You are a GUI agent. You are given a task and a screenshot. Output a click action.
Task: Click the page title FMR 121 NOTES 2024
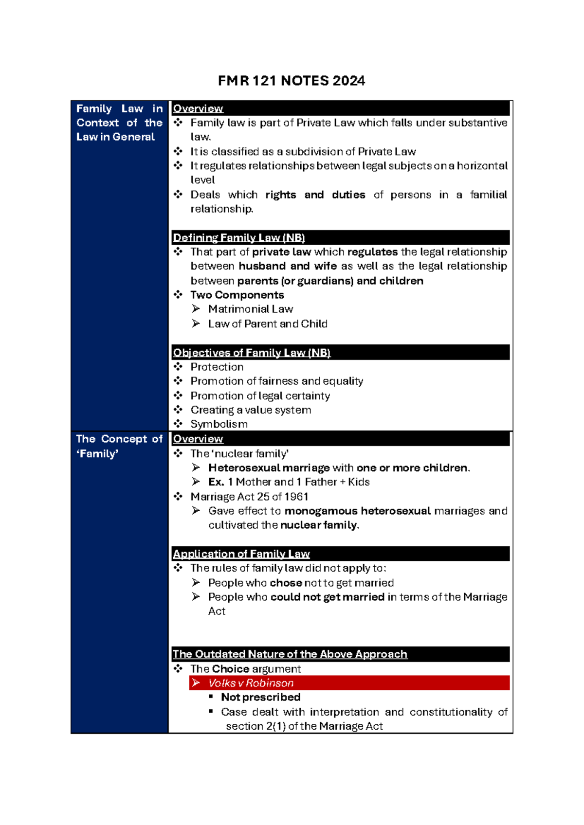pyautogui.click(x=291, y=80)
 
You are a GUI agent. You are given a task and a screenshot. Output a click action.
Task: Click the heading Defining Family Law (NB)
pyautogui.click(x=238, y=238)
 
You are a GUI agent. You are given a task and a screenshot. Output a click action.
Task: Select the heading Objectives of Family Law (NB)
pyautogui.click(x=251, y=353)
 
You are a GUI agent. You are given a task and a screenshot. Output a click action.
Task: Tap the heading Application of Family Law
pyautogui.click(x=241, y=554)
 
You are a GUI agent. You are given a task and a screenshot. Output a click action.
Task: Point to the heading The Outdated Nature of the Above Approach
pyautogui.click(x=290, y=654)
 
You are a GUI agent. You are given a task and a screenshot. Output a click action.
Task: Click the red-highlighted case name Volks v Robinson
pyautogui.click(x=251, y=683)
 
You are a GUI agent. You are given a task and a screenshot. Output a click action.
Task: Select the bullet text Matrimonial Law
pyautogui.click(x=250, y=309)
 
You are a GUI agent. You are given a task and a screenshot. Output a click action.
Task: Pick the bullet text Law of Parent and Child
pyautogui.click(x=267, y=323)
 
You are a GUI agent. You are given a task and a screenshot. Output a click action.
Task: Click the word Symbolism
pyautogui.click(x=219, y=424)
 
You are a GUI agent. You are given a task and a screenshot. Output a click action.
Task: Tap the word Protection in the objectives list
pyautogui.click(x=217, y=367)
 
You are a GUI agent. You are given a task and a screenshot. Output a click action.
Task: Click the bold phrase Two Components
pyautogui.click(x=237, y=295)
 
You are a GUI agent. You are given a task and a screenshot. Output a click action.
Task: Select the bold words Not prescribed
pyautogui.click(x=260, y=697)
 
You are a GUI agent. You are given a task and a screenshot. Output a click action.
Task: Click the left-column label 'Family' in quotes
pyautogui.click(x=97, y=454)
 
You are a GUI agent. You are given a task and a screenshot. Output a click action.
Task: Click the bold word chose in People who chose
pyautogui.click(x=286, y=583)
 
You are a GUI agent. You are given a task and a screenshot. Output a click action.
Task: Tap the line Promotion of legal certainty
pyautogui.click(x=260, y=395)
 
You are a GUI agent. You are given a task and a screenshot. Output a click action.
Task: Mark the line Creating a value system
pyautogui.click(x=251, y=410)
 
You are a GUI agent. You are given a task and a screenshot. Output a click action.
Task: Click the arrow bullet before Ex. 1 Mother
pyautogui.click(x=196, y=482)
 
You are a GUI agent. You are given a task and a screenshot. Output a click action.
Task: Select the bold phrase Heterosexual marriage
pyautogui.click(x=269, y=468)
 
